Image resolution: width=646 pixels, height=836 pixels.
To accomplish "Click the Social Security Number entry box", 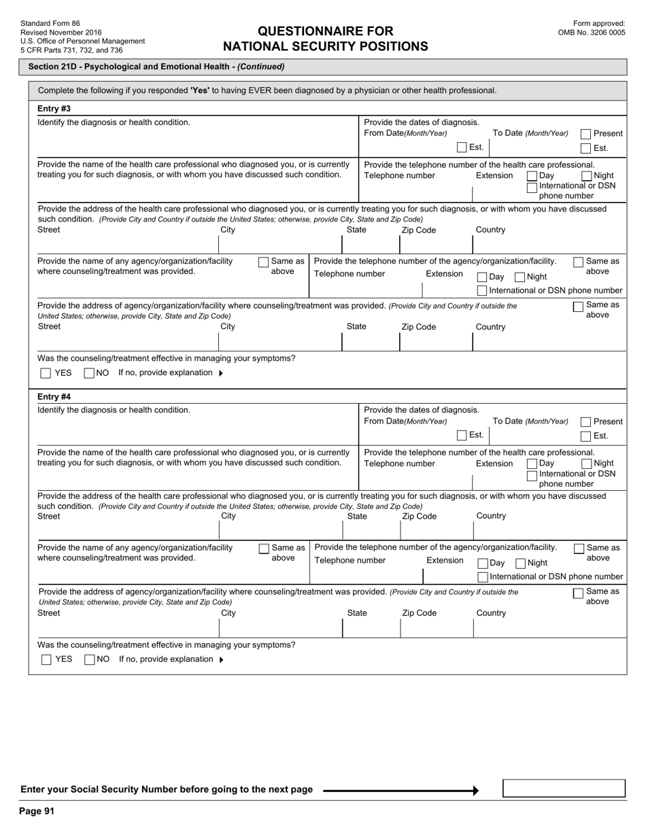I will (564, 788).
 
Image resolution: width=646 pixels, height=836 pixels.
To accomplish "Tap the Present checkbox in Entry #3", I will (585, 135).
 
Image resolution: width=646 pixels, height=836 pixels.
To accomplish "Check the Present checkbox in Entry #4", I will (585, 422).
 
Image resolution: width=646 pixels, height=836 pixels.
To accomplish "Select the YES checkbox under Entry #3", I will (46, 373).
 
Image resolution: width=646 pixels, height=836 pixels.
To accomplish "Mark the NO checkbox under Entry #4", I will (90, 659).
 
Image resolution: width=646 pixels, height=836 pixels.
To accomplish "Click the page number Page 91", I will (37, 811).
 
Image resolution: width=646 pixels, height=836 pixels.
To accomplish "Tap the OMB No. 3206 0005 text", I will (592, 32).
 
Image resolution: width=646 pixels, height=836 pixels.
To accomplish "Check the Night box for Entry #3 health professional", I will (587, 176).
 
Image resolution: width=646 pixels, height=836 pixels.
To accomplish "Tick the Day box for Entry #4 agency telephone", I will (483, 563).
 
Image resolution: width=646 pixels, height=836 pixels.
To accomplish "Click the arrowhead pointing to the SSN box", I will (475, 790).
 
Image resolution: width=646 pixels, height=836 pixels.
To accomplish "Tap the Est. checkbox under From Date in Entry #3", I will (462, 147).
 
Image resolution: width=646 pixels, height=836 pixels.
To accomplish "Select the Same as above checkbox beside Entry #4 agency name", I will (264, 548).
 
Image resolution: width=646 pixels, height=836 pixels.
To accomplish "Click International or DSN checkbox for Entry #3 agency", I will (482, 291).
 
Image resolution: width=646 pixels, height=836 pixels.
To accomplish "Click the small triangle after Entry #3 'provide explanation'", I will (220, 373).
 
